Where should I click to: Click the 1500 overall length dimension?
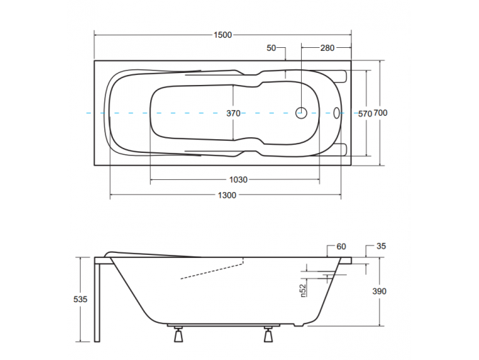pyautogui.click(x=222, y=35)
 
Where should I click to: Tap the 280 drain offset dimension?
pyautogui.click(x=327, y=48)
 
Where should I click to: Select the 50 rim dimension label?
pyautogui.click(x=271, y=48)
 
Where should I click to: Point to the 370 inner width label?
pyautogui.click(x=233, y=113)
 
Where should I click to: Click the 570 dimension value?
pyautogui.click(x=365, y=114)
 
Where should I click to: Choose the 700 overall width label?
pyautogui.click(x=380, y=113)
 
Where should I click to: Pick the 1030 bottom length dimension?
pyautogui.click(x=238, y=180)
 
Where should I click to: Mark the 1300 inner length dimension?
pyautogui.click(x=227, y=195)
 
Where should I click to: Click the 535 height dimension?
pyautogui.click(x=80, y=299)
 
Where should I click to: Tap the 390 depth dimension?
pyautogui.click(x=380, y=291)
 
